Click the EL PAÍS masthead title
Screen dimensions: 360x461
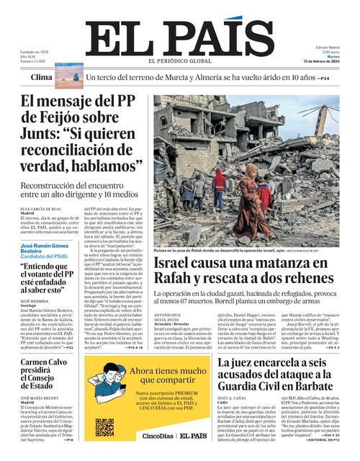[179, 37]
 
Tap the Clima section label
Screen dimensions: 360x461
[42, 76]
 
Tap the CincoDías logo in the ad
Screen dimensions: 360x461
[158, 436]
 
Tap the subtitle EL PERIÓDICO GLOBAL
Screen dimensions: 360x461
[181, 61]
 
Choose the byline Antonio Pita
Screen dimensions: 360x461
[167, 313]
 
